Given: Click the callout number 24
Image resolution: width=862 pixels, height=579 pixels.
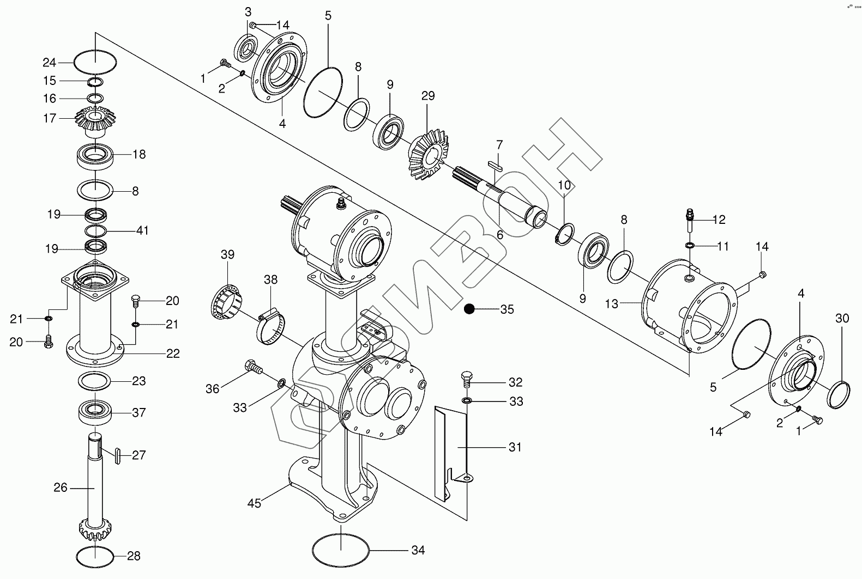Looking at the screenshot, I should coord(50,62).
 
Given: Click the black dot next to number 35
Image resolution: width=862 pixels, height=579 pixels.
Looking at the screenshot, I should coord(468,309).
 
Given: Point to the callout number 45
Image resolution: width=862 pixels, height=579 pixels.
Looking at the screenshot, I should coord(254,503).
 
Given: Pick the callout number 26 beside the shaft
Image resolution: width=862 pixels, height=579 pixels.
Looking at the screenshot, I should coord(61,487).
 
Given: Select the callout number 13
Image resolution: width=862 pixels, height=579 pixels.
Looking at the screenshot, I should coord(612,303).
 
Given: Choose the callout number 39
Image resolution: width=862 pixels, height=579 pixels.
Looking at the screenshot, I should coord(227,254).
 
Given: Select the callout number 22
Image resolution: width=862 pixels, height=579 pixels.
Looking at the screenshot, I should coord(173,354).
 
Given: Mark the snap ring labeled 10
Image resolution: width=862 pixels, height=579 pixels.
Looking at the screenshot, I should coord(564,234).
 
